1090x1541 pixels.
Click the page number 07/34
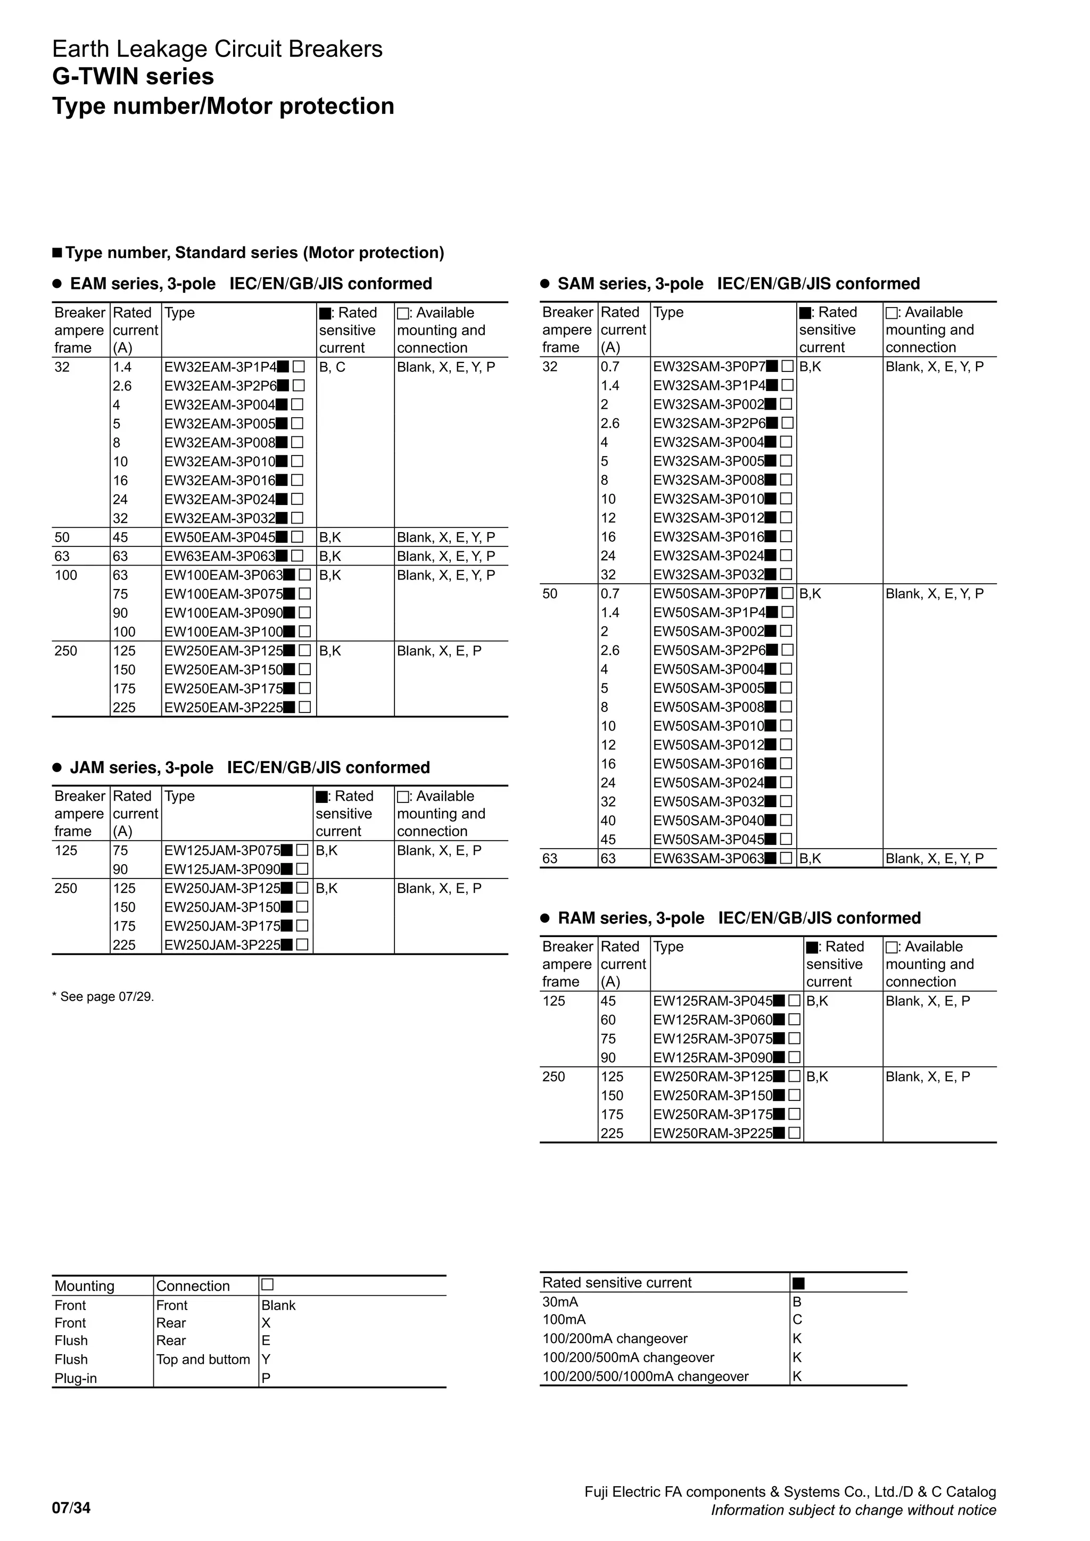click(x=71, y=1507)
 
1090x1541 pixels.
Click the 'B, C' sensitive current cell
click(x=332, y=367)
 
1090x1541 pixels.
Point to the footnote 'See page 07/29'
click(x=103, y=997)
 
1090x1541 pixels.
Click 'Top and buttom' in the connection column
click(x=203, y=1359)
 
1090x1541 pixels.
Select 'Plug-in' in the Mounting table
click(x=76, y=1378)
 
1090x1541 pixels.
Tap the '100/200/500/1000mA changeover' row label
click(x=645, y=1376)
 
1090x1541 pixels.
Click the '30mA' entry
click(x=560, y=1302)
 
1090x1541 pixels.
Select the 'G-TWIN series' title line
click(x=133, y=77)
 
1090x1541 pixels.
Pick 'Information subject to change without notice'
click(x=853, y=1510)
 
